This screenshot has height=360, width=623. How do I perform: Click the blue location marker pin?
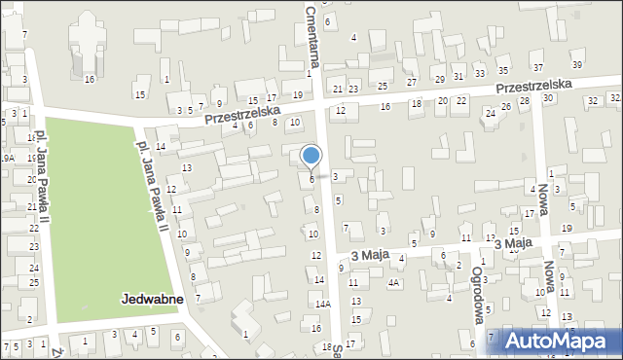[311, 156]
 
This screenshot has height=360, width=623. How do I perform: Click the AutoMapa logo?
[562, 341]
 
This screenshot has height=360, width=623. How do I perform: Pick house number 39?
[577, 64]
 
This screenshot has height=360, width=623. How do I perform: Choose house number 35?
[503, 70]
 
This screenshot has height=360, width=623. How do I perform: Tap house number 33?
[480, 74]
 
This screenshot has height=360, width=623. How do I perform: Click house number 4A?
[393, 283]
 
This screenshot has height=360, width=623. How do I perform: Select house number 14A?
[323, 304]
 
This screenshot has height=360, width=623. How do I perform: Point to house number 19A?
[7, 158]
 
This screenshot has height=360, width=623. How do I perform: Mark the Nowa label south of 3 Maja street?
[551, 282]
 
